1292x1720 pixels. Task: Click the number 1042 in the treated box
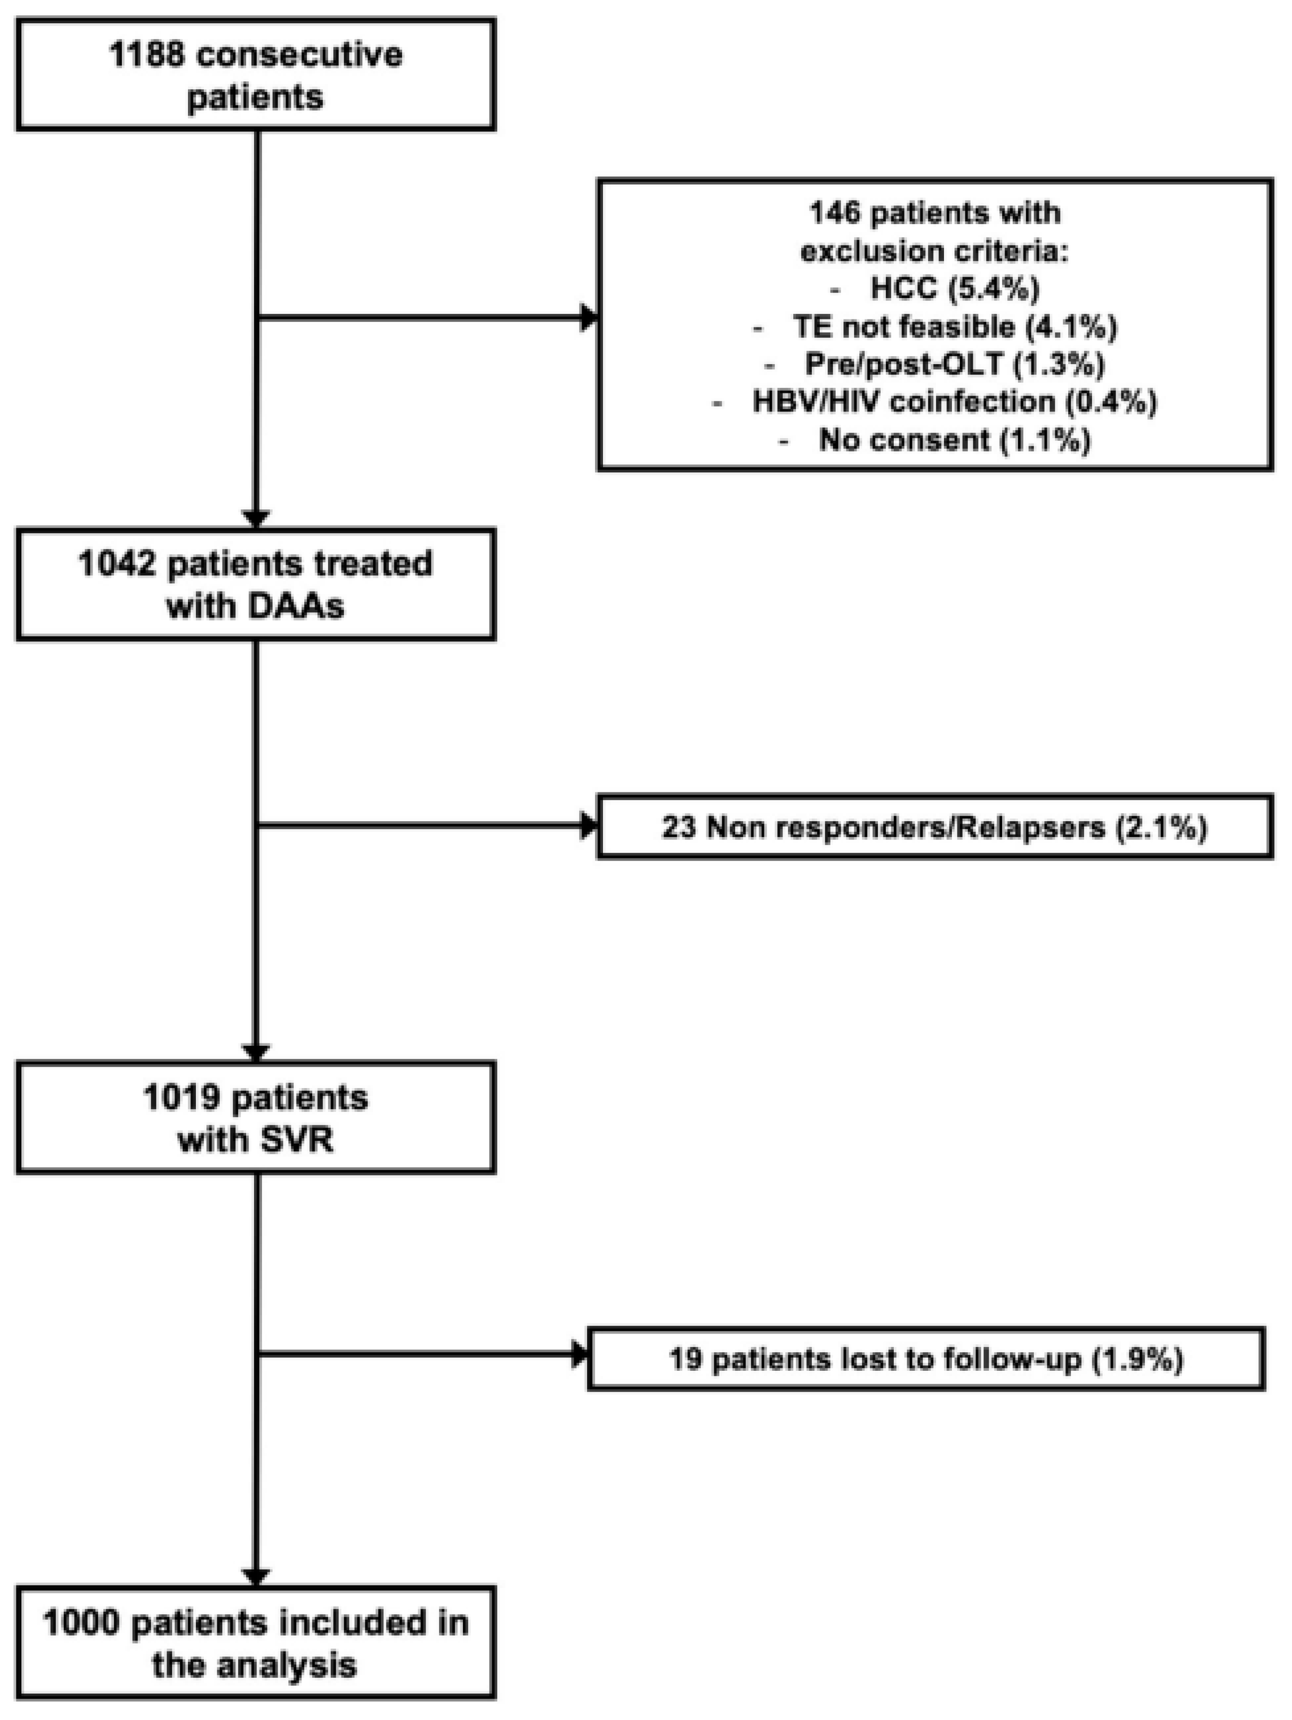[117, 564]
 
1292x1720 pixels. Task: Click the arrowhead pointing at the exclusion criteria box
[589, 317]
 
